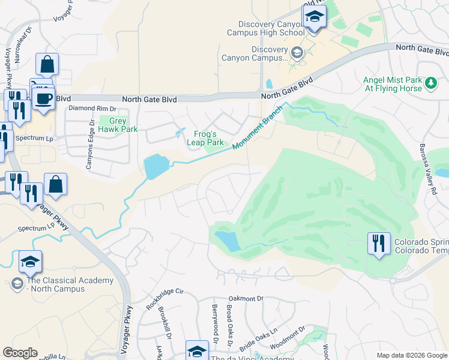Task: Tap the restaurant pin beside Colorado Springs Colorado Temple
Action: click(x=379, y=244)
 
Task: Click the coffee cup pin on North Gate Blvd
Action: click(x=44, y=98)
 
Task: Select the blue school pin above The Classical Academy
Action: click(x=30, y=262)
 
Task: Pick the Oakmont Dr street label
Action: click(x=247, y=298)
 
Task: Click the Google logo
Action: click(x=20, y=353)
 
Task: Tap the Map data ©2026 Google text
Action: click(x=411, y=355)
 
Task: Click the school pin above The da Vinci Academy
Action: click(x=197, y=352)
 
